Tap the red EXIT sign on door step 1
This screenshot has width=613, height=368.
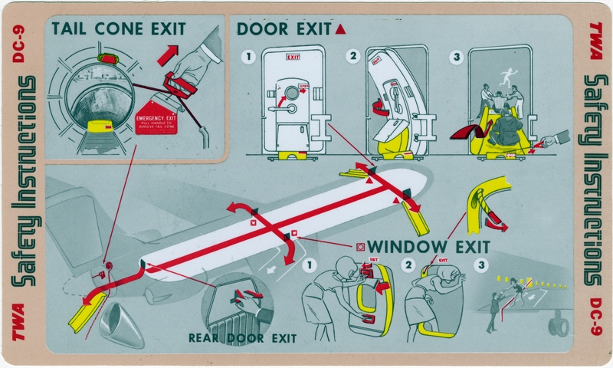pos(293,57)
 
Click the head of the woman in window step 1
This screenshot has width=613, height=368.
pos(345,266)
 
